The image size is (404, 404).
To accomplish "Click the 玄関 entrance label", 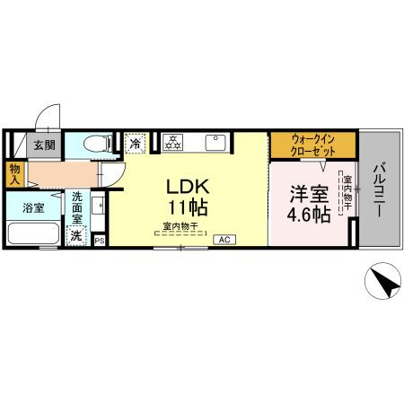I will click(x=45, y=145).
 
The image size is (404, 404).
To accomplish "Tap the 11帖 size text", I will click(x=189, y=208).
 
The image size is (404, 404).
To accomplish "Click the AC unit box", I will click(x=224, y=240).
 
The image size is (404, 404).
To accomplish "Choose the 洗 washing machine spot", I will click(x=78, y=235).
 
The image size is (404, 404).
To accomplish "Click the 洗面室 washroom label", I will click(x=77, y=207).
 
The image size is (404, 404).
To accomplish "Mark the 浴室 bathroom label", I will click(x=33, y=206).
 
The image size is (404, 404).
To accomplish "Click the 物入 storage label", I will click(x=15, y=174).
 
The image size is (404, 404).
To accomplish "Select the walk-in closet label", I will click(x=313, y=145).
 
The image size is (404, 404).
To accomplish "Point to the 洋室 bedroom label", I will click(x=307, y=192).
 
